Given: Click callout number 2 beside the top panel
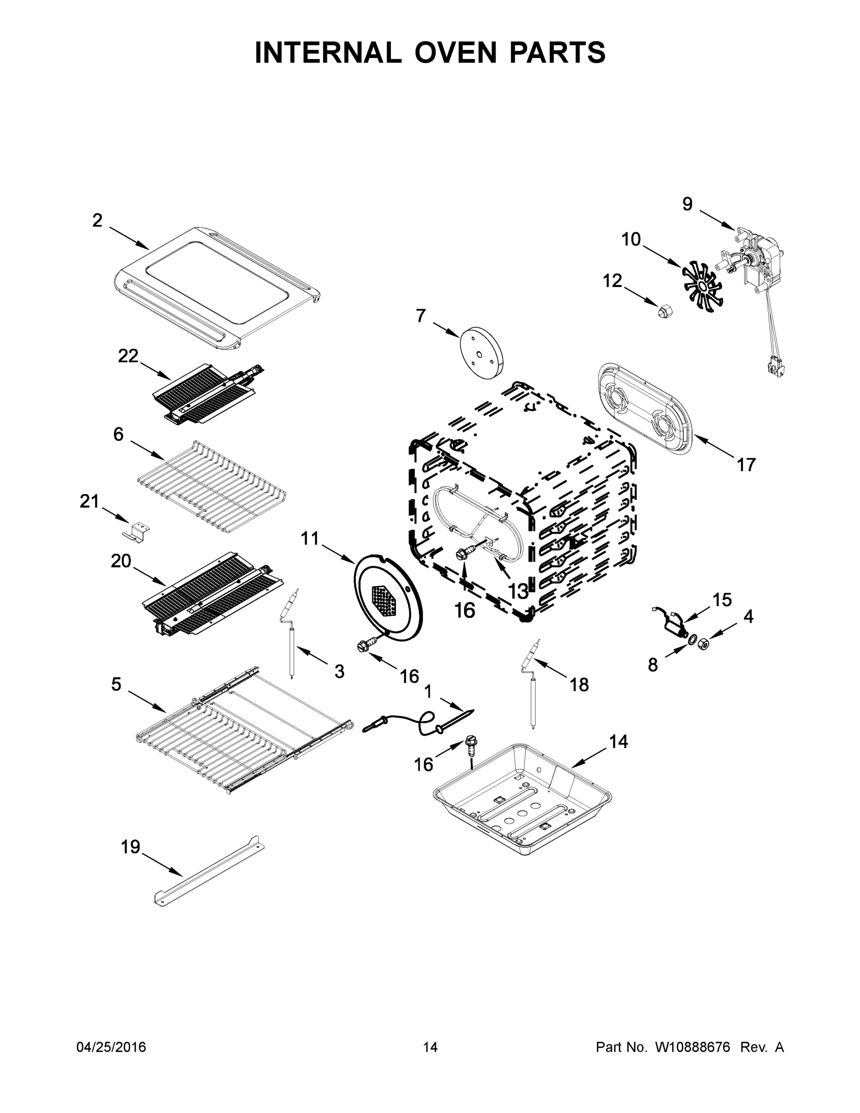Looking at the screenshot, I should pyautogui.click(x=97, y=221).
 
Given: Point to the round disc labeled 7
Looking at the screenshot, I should pyautogui.click(x=480, y=352).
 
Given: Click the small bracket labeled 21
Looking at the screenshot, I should pyautogui.click(x=137, y=531).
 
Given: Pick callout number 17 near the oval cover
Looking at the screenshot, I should pyautogui.click(x=746, y=464).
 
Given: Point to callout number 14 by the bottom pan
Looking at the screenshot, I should pyautogui.click(x=618, y=742).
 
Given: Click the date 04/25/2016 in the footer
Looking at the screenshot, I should pyautogui.click(x=111, y=1047).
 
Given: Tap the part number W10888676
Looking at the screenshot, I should pyautogui.click(x=692, y=1047).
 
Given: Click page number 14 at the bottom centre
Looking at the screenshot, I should pyautogui.click(x=430, y=1047).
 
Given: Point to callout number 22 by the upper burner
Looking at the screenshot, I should pyautogui.click(x=128, y=356).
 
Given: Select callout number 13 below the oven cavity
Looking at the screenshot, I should pyautogui.click(x=518, y=591).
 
